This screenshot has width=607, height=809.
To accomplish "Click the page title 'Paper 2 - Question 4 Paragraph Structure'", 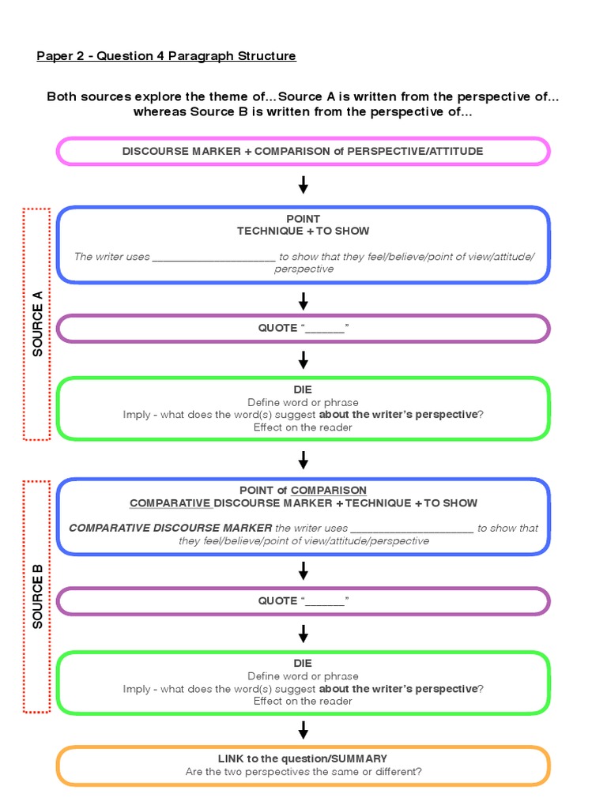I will coord(167,56).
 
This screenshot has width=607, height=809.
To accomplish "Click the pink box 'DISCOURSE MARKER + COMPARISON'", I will coord(303,151).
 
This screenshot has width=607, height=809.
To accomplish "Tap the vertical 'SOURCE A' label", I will coord(37,324).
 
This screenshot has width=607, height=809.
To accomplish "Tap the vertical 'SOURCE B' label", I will coord(37,596).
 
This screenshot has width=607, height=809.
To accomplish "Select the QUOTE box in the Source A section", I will coord(303,328).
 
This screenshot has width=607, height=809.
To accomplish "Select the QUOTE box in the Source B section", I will coord(303,601).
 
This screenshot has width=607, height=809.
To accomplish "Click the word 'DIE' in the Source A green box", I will coord(303,389).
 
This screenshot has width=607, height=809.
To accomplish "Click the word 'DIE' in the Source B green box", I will coord(303,663).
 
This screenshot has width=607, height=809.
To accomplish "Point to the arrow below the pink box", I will coord(303,186).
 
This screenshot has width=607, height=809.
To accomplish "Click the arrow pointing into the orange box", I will coord(303,730).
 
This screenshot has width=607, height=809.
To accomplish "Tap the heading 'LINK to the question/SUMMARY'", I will coord(303,758).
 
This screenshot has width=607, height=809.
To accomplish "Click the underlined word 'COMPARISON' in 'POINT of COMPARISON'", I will coord(329,491).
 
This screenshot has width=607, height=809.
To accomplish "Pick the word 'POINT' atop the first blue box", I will coord(303,218).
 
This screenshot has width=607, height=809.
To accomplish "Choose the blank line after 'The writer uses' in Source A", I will coord(213,257).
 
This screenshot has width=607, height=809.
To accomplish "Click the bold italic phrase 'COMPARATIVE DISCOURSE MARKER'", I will coord(170,529).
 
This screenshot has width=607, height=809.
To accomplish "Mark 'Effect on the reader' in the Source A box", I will coord(303,427).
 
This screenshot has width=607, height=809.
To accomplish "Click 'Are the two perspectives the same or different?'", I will coord(303,772).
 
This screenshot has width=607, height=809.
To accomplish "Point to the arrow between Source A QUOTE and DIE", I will coord(303,360).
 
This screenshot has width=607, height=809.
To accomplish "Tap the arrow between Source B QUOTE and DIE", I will coord(303,634).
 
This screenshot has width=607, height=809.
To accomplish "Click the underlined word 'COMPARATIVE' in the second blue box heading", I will coord(171,503).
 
